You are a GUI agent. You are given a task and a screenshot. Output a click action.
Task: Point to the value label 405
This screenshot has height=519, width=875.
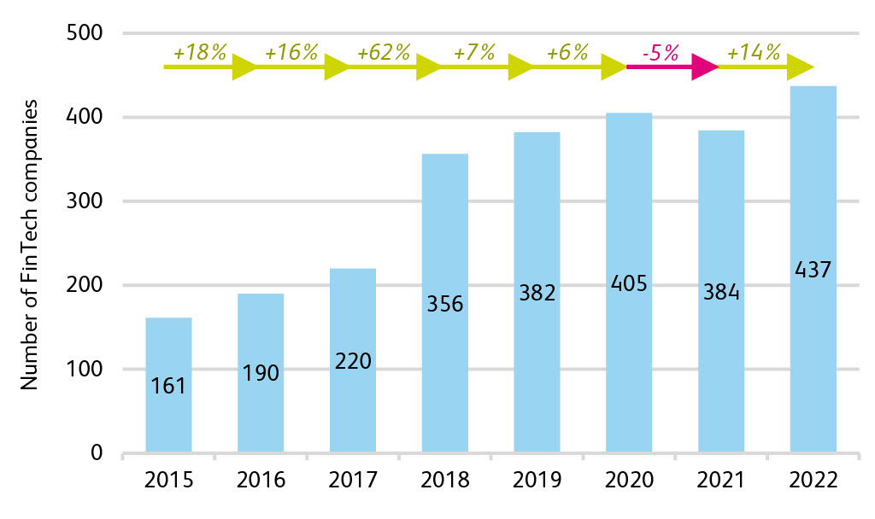(629, 283)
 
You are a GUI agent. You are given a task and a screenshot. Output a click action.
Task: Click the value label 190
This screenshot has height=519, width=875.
(261, 373)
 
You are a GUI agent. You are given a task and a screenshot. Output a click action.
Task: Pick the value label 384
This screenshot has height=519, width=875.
(721, 293)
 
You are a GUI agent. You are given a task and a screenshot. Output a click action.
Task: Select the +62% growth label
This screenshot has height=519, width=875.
(385, 52)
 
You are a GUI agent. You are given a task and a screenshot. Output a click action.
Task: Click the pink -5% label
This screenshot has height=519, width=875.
(660, 52)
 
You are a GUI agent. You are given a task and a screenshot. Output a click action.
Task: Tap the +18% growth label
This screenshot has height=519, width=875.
(200, 52)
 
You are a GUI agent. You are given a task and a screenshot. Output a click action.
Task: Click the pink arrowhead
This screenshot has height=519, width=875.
(705, 67)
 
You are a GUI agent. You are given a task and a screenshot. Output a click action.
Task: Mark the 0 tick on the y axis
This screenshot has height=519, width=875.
(96, 453)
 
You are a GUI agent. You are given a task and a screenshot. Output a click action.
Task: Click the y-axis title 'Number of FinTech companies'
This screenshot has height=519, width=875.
(31, 244)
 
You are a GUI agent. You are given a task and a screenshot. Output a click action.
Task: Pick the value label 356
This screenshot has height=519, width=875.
(445, 303)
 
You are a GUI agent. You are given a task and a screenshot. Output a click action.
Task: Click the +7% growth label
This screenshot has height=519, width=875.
(476, 52)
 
